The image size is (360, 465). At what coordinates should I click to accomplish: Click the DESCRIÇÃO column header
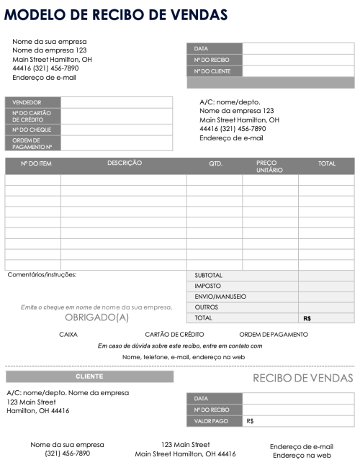click(x=125, y=164)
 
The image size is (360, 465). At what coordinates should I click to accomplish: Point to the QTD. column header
click(x=216, y=164)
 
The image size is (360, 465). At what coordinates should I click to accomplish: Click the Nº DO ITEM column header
click(x=36, y=164)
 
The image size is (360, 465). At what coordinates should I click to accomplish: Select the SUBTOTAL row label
click(x=209, y=275)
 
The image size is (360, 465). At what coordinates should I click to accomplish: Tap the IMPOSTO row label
click(x=208, y=286)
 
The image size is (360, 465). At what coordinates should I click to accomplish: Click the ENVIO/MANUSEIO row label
click(x=220, y=297)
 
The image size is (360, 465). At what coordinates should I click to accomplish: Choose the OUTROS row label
click(x=207, y=307)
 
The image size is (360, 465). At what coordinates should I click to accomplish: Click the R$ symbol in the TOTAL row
click(x=307, y=317)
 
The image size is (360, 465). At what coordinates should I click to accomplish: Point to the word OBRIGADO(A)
click(x=97, y=317)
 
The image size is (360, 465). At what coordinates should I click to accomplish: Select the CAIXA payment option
click(x=68, y=334)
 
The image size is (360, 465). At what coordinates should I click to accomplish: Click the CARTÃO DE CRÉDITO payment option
click(x=174, y=334)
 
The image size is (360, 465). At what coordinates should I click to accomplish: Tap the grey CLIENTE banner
click(x=89, y=376)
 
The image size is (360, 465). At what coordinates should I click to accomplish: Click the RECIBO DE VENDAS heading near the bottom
click(x=302, y=379)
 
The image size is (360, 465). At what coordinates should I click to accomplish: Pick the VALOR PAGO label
click(x=211, y=421)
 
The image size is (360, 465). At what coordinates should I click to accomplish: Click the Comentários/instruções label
click(x=42, y=274)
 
